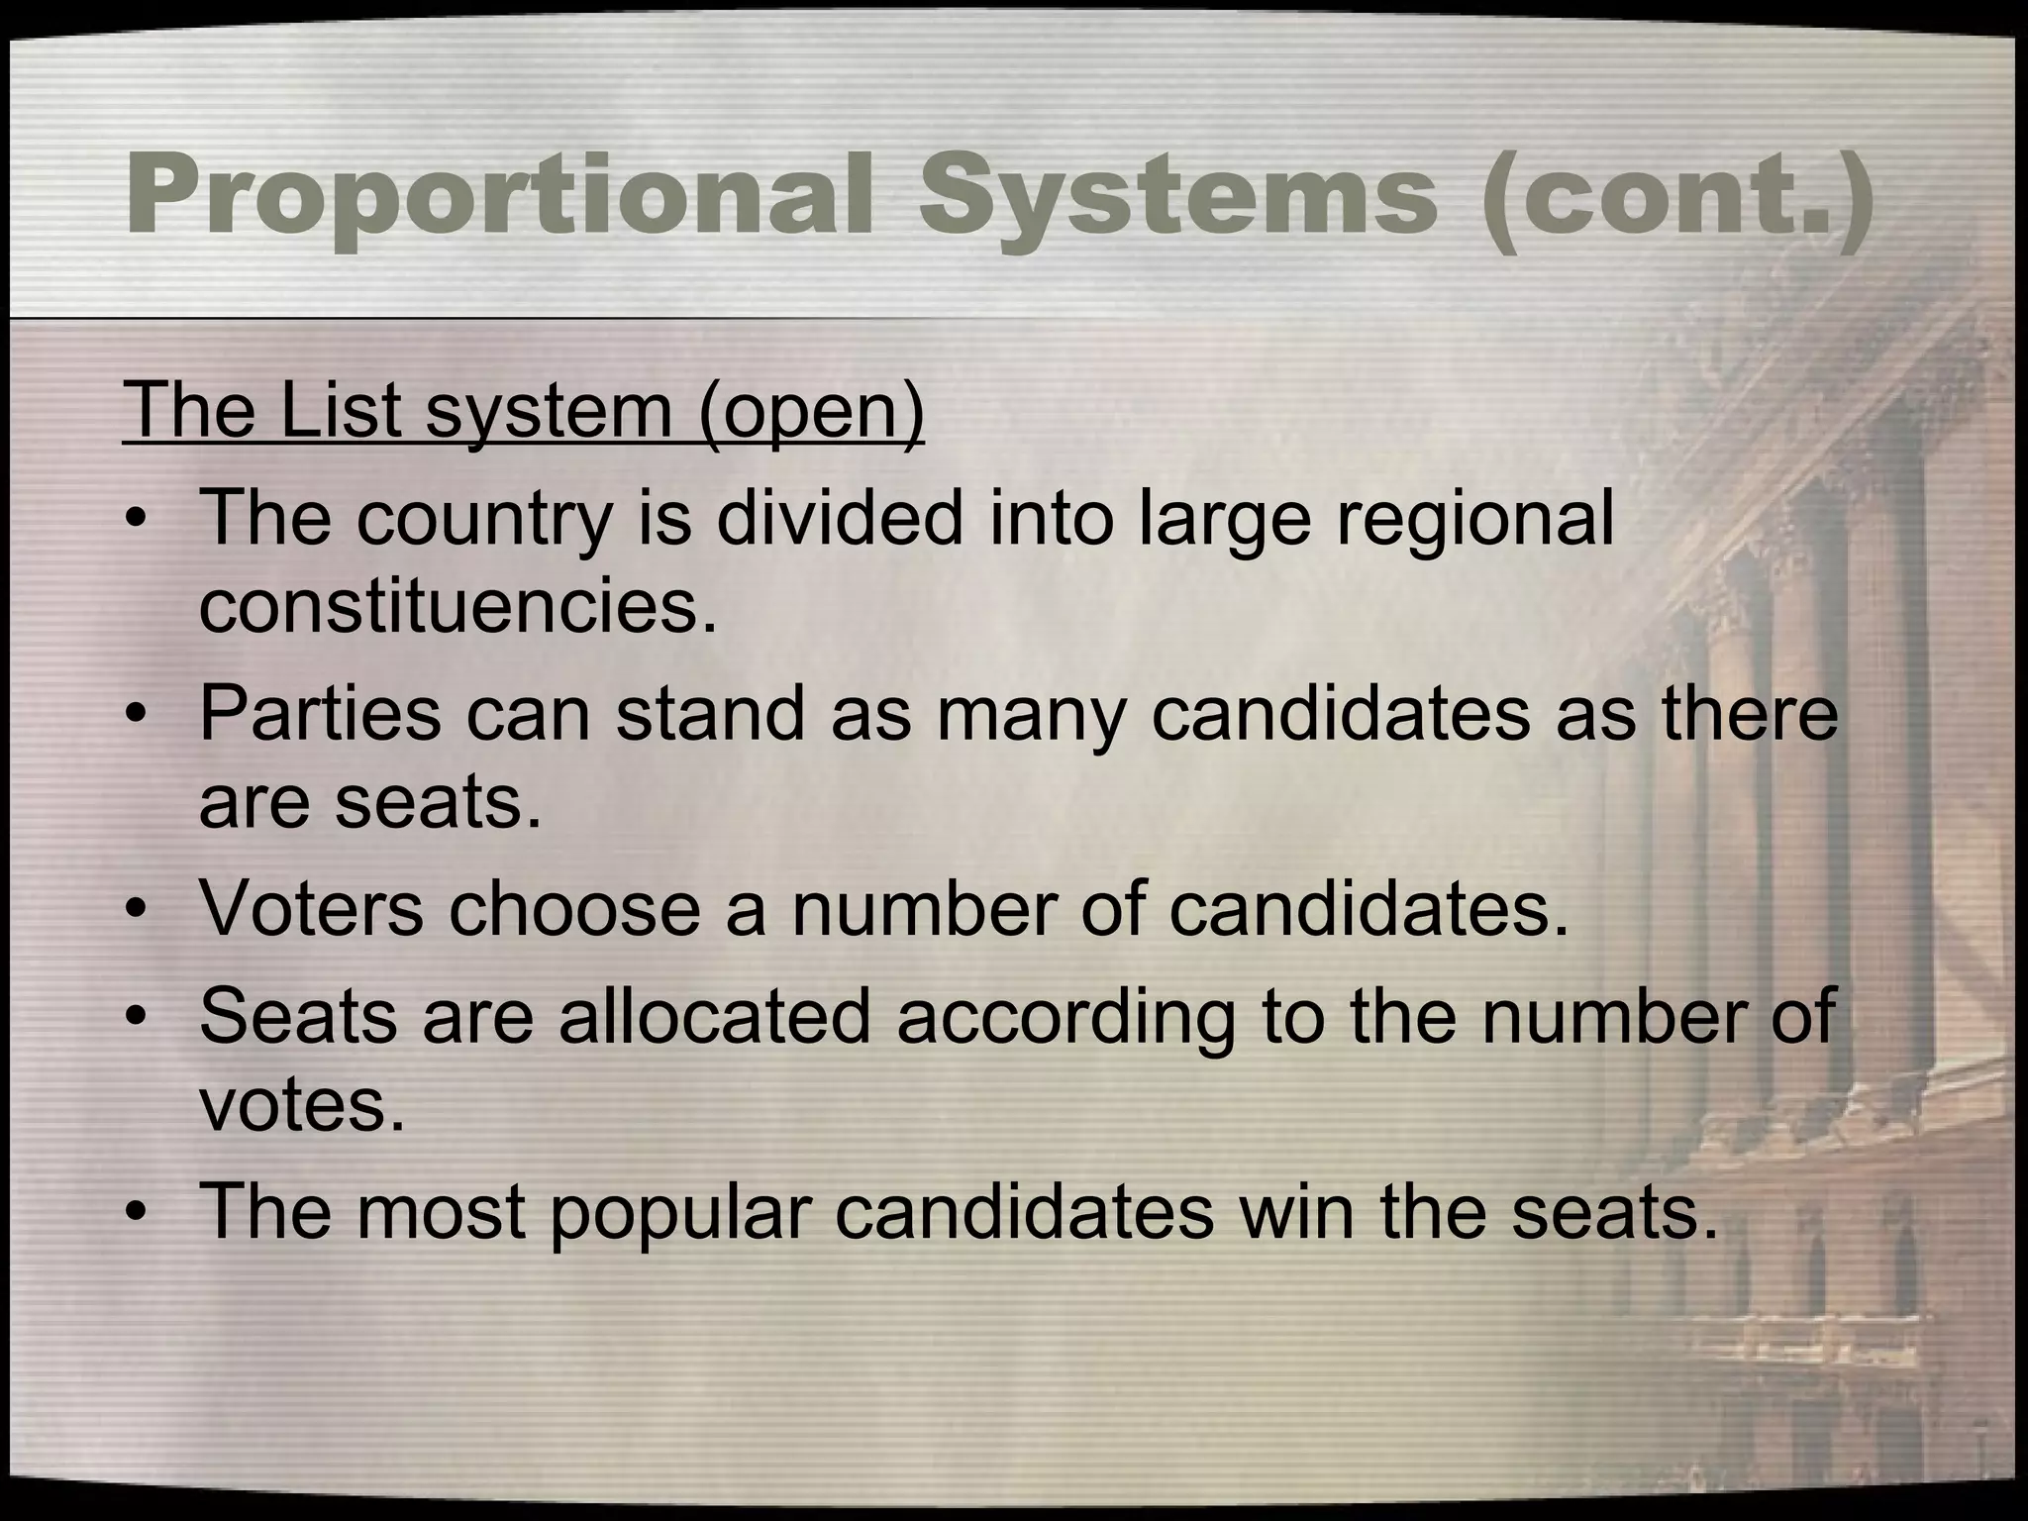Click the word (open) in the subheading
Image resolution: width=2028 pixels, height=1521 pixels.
(811, 411)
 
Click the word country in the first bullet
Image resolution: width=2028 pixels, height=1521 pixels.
(484, 519)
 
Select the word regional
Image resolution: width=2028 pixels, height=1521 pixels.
(1474, 519)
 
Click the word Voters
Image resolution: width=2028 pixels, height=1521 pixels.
(311, 909)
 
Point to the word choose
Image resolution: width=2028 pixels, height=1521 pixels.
(574, 909)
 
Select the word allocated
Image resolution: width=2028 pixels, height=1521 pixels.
(714, 1017)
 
